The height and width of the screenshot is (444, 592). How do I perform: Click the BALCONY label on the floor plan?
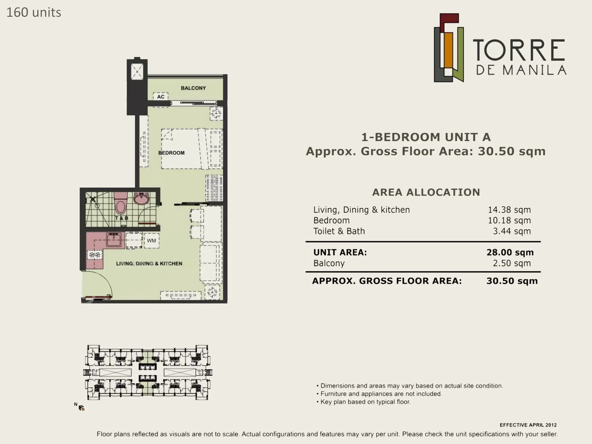193,88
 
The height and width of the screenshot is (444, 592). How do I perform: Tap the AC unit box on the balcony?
161,97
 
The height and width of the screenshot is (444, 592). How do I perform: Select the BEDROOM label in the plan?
171,153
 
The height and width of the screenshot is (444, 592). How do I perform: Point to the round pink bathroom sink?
142,199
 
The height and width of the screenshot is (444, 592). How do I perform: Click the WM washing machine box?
151,240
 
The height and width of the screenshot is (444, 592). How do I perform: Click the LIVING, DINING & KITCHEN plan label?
149,264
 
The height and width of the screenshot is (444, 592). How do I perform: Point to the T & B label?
122,218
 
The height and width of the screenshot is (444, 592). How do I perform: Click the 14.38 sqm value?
509,210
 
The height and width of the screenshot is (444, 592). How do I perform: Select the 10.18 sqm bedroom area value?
509,221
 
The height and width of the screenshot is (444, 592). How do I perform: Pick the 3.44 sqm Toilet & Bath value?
512,231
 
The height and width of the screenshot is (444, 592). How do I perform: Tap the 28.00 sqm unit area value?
510,252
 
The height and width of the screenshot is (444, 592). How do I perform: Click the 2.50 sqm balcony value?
512,263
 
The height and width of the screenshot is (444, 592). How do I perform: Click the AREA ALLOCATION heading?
426,192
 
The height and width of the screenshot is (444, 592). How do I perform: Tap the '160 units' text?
34,12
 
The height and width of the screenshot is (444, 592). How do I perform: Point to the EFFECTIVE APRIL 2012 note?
528,425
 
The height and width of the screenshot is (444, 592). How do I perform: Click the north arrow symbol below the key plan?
81,408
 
